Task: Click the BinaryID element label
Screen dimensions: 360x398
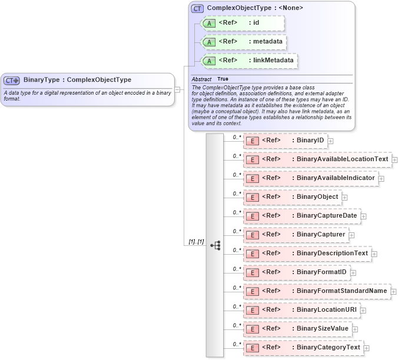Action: [310, 141]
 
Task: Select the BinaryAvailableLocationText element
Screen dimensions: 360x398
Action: [342, 159]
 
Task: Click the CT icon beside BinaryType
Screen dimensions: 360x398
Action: [12, 80]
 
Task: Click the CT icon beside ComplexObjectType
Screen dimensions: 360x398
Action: [197, 8]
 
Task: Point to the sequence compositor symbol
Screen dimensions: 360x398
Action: [215, 245]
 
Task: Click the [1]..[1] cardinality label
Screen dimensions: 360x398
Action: [196, 242]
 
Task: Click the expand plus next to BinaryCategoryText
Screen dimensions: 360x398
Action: [367, 348]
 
